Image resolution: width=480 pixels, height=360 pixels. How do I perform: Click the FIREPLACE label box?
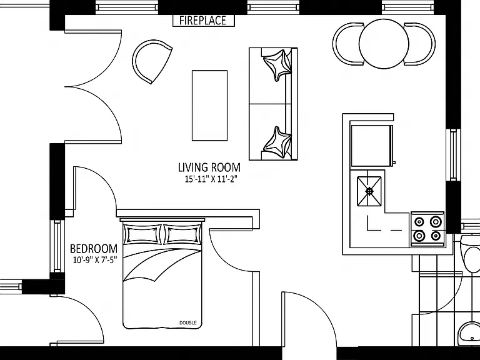(x=204, y=21)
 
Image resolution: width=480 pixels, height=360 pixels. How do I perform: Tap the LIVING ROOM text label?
(x=209, y=167)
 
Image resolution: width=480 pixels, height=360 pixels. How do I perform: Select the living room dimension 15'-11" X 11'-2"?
(x=211, y=179)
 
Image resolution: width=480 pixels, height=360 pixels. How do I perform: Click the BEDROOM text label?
(x=94, y=248)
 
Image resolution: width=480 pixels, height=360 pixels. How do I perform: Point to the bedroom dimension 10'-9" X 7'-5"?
(x=95, y=260)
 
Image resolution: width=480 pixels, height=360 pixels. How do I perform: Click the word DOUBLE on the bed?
(x=188, y=322)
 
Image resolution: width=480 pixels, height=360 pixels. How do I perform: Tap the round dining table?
(x=384, y=44)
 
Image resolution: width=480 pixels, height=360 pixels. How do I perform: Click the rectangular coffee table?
(x=210, y=106)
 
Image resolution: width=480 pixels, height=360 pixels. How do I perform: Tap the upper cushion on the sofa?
(x=277, y=65)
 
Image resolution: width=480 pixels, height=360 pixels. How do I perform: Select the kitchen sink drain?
(x=369, y=191)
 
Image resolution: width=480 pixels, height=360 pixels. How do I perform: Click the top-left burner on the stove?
(x=419, y=221)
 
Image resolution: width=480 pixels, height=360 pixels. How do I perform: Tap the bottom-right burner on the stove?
(x=436, y=236)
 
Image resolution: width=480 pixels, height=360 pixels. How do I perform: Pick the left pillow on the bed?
(x=142, y=235)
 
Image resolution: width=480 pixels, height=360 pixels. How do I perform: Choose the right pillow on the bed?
(x=182, y=235)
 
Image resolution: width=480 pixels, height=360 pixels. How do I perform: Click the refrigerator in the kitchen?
(x=372, y=146)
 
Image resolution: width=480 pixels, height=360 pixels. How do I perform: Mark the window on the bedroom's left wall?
(x=57, y=246)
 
